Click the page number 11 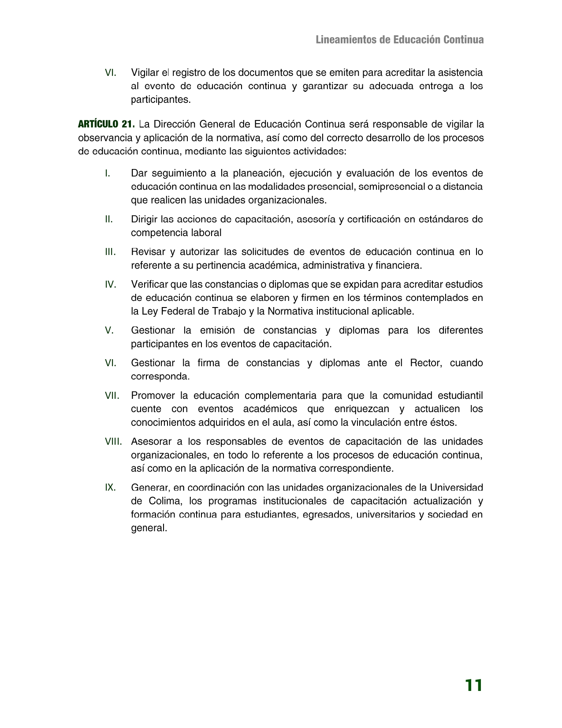point(473,686)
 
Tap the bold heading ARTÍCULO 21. point(106,124)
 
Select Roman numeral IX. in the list point(110,488)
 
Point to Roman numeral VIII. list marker point(113,442)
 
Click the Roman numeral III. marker point(110,252)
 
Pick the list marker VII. point(112,395)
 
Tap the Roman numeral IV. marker point(110,285)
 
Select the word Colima point(163,501)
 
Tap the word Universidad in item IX point(456,488)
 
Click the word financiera point(399,266)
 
